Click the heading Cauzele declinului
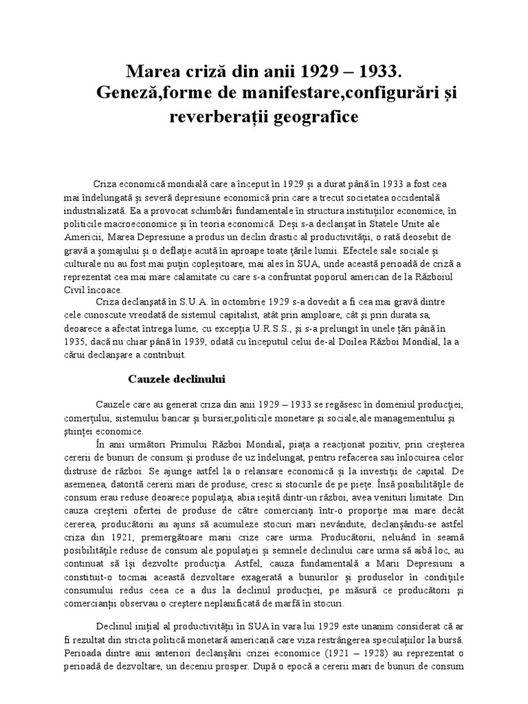point(178,379)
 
